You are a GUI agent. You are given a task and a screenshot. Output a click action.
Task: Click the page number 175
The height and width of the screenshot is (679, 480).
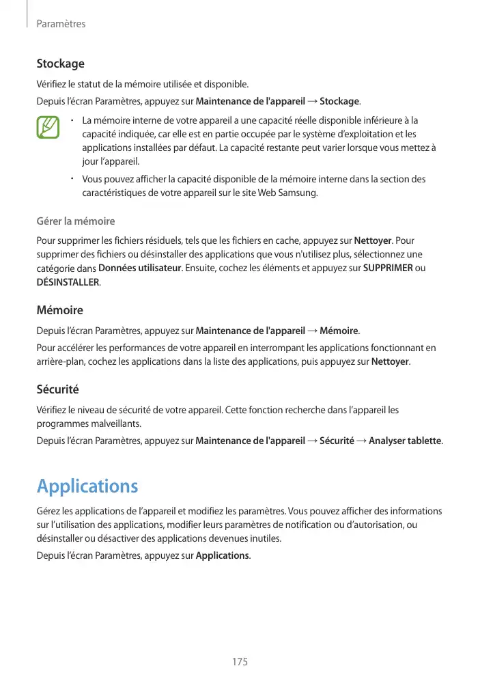coord(239,662)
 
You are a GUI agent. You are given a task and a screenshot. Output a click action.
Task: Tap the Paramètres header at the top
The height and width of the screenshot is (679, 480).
coord(61,24)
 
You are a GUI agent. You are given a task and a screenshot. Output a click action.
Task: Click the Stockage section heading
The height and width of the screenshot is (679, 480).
coord(60,64)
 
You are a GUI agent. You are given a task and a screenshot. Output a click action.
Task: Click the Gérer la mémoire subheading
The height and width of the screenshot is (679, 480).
coord(75,221)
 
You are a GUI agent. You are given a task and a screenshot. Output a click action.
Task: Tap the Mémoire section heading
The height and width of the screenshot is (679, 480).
coord(59,310)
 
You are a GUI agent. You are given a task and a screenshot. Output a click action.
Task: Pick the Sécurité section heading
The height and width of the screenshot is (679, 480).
coord(57,389)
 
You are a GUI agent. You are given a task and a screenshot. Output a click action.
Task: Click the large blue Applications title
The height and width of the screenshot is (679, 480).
coord(87,486)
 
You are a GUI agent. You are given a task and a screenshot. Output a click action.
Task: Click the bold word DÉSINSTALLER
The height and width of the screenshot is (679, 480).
coord(68,281)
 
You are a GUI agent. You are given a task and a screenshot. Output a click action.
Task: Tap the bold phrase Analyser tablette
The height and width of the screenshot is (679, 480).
coord(404,441)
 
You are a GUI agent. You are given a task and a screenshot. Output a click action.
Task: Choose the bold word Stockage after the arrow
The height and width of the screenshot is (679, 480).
coord(339,102)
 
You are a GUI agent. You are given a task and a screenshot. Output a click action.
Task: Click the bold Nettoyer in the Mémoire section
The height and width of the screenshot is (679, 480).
coord(390,361)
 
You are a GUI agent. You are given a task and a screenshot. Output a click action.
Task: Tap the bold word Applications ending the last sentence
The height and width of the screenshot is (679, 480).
coord(223,555)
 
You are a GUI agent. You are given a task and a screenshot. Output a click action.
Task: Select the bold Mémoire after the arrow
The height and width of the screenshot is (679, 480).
coord(339,331)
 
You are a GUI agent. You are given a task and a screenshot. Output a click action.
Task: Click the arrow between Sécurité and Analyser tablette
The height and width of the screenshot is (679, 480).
coord(361,441)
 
